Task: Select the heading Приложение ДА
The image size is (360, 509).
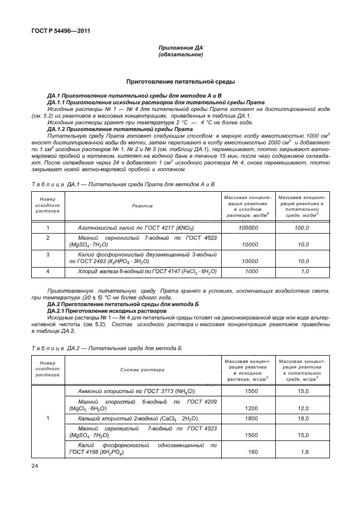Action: [180, 49]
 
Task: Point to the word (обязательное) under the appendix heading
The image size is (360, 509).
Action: [180, 55]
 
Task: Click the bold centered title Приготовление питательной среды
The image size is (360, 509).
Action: [180, 82]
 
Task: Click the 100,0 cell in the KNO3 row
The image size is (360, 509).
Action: [301, 228]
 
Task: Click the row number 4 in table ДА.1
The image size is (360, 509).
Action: [47, 272]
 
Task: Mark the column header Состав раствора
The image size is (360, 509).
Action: [142, 370]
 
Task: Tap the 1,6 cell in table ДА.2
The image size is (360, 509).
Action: [304, 452]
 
